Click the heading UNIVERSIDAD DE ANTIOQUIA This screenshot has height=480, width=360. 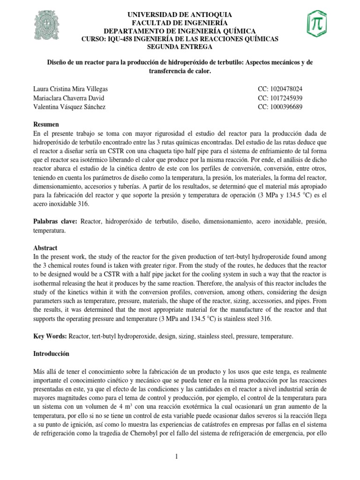point(180,15)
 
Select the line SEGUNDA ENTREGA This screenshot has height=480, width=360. point(180,47)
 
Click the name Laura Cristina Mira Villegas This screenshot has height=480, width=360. point(74,89)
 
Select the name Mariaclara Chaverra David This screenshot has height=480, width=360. point(68,97)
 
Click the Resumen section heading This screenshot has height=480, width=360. point(46,124)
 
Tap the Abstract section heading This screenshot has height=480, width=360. point(45,247)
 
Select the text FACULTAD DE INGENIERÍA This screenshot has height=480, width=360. point(180,23)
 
